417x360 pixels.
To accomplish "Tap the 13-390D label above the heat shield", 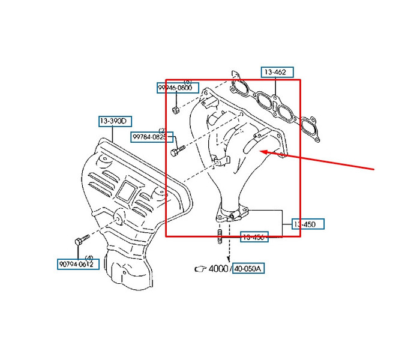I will tap(114, 121).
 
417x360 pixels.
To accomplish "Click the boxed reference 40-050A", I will tap(247, 268).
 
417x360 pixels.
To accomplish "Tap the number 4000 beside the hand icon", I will tap(219, 269).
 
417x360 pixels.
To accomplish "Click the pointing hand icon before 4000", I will tap(200, 269).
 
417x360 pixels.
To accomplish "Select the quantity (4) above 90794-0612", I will tap(89, 257).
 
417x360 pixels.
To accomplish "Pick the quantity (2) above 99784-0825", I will tap(162, 130).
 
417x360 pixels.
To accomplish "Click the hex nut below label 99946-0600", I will tap(175, 110).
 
